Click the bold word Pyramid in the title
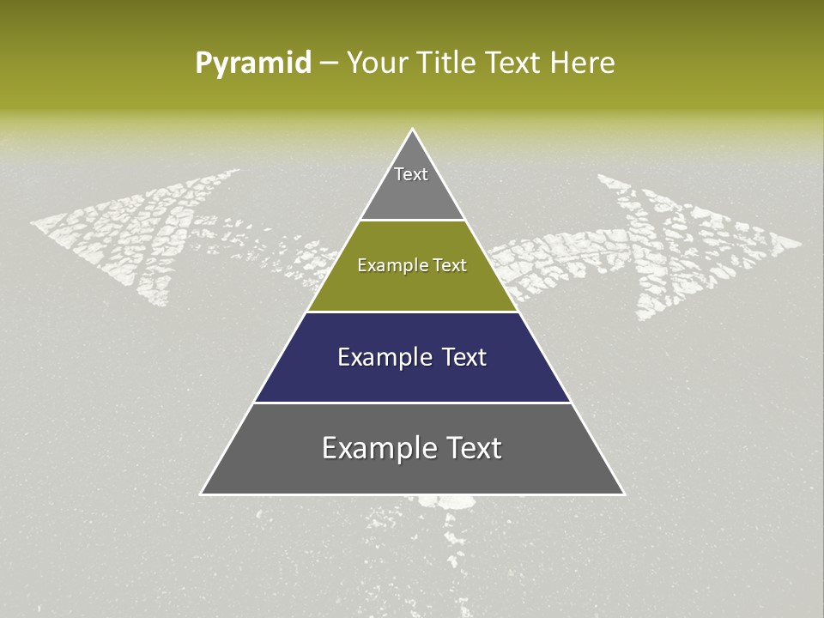click(x=253, y=64)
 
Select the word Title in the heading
click(x=446, y=64)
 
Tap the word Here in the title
click(x=583, y=64)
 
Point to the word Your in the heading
click(x=375, y=64)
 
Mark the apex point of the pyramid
click(x=412, y=130)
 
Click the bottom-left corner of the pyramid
click(x=202, y=494)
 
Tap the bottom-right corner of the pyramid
click(x=623, y=494)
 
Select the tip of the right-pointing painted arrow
click(x=800, y=243)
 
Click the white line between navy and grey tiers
click(x=412, y=403)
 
